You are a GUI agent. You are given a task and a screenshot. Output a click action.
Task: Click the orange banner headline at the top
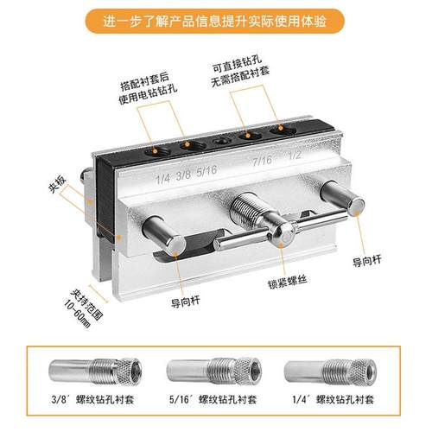216,21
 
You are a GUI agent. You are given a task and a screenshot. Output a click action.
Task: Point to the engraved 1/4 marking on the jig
162,180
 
